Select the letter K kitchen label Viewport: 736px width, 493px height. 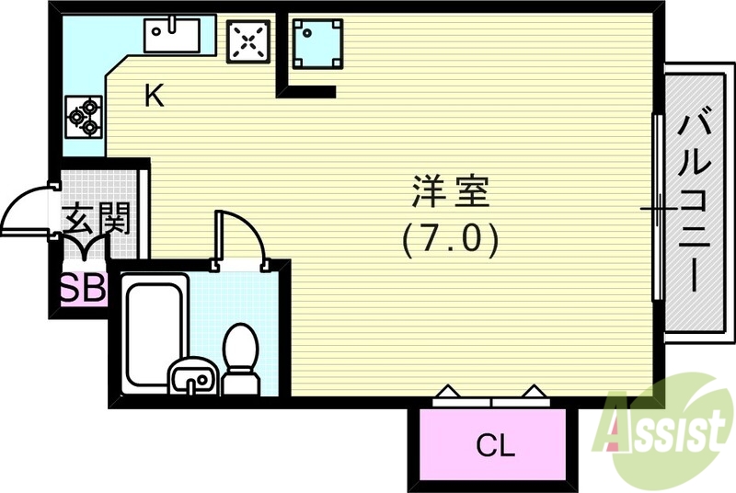pyautogui.click(x=155, y=96)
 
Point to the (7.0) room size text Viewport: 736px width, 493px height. pyautogui.click(x=450, y=240)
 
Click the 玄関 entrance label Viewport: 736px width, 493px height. pyautogui.click(x=96, y=218)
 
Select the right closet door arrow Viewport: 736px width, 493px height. pyautogui.click(x=533, y=394)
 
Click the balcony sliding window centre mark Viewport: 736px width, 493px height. pyautogui.click(x=658, y=209)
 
